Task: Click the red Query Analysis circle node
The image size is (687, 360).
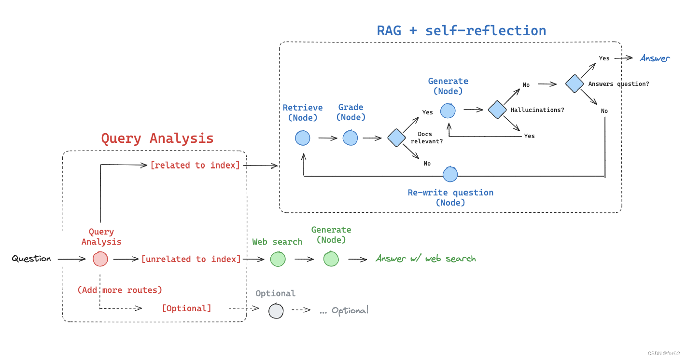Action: click(x=100, y=259)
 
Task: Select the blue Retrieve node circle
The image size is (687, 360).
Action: click(x=303, y=138)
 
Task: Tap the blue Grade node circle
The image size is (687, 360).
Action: click(x=351, y=138)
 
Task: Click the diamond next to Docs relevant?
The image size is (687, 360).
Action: click(x=396, y=138)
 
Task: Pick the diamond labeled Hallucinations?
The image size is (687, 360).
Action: click(x=497, y=110)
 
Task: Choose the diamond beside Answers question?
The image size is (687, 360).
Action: click(x=575, y=83)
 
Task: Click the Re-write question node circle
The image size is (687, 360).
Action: click(x=450, y=174)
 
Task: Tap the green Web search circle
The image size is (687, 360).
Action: click(x=278, y=259)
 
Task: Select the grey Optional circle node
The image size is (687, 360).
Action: click(x=276, y=311)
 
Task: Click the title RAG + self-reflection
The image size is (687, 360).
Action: click(x=461, y=30)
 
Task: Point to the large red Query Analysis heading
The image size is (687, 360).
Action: click(x=157, y=138)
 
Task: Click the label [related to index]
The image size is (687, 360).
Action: click(x=195, y=165)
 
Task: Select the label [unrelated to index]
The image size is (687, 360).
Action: click(x=191, y=259)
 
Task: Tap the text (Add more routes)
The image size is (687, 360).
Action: click(x=120, y=290)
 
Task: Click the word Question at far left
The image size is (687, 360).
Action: click(x=31, y=259)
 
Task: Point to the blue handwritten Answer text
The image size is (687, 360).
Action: click(x=655, y=58)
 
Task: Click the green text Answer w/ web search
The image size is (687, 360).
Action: click(x=425, y=259)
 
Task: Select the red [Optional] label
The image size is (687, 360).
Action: click(x=186, y=308)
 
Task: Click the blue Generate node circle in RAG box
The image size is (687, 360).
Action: click(x=448, y=110)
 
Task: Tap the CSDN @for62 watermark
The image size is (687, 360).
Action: click(x=664, y=354)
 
